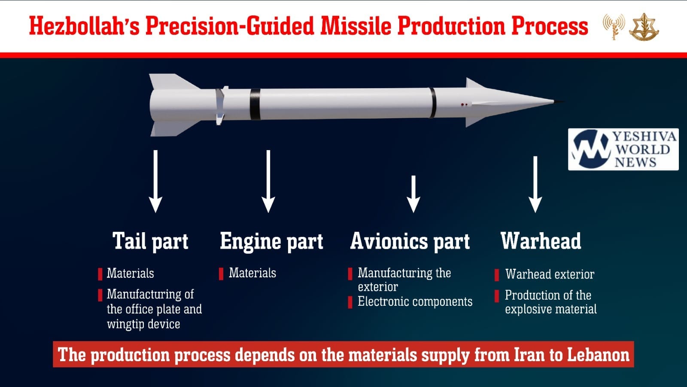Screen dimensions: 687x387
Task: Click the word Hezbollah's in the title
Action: (x=84, y=26)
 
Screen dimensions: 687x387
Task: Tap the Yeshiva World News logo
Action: (x=623, y=149)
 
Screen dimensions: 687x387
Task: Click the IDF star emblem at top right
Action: (x=644, y=27)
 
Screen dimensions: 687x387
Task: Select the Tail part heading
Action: (x=150, y=241)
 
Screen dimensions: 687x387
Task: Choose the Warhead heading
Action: (x=541, y=241)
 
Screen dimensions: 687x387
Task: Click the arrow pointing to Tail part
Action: (x=155, y=181)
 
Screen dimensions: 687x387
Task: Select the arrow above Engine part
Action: (x=268, y=181)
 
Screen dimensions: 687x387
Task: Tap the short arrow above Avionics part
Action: (x=413, y=194)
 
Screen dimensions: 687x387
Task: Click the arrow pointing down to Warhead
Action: (x=535, y=184)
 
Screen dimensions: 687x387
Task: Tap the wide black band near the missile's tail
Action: (x=255, y=104)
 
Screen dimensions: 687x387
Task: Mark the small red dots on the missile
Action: (x=464, y=105)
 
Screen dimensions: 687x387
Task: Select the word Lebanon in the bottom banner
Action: (x=598, y=355)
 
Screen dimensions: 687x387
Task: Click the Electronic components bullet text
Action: (x=415, y=301)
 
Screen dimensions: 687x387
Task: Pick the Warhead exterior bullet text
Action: (x=550, y=274)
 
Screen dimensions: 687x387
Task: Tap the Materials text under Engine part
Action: (x=252, y=273)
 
